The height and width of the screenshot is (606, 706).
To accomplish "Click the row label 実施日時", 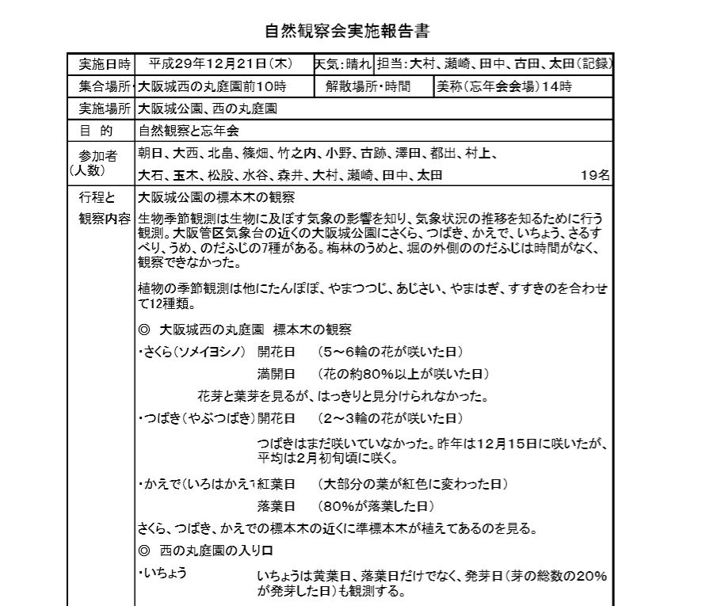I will click(103, 64).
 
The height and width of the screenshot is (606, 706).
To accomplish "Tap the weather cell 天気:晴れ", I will click(342, 64).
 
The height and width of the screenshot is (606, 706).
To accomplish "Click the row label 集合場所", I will click(103, 86).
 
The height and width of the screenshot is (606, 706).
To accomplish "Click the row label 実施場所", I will click(103, 108).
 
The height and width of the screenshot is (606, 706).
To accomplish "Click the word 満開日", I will click(276, 373).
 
